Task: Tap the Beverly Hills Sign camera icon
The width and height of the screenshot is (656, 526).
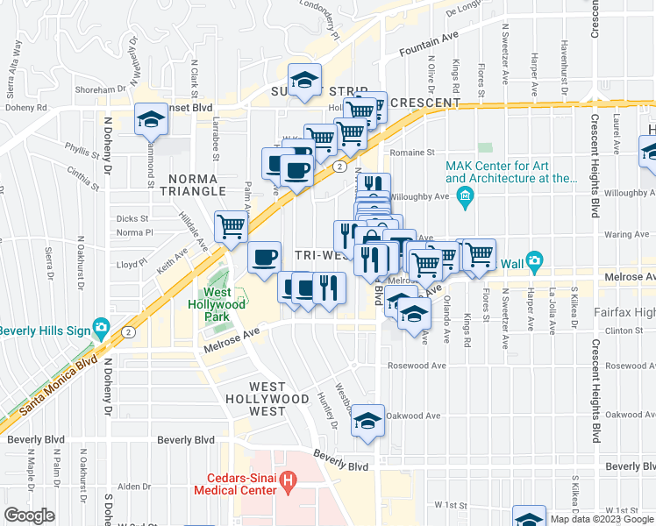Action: point(102,331)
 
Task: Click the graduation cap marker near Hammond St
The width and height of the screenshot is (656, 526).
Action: point(152,119)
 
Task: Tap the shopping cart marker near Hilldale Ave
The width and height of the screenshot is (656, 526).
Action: point(232,226)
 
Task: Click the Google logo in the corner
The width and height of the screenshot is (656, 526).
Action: point(30,515)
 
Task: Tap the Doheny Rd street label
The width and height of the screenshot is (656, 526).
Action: point(24,108)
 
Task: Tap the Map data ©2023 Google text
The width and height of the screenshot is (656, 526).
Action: point(601,519)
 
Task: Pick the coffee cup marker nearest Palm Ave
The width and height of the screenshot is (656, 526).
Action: point(264,258)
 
